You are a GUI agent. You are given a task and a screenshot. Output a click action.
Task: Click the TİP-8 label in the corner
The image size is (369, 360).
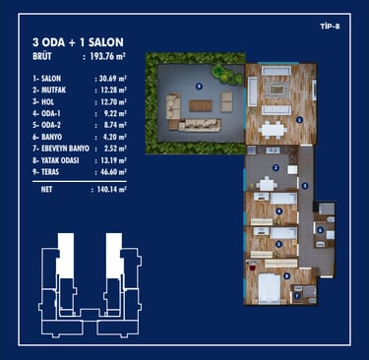(x=330, y=27)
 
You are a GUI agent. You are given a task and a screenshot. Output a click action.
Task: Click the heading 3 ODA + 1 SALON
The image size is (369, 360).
(x=78, y=42)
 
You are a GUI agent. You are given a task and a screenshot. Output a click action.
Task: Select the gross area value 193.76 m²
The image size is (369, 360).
(x=108, y=56)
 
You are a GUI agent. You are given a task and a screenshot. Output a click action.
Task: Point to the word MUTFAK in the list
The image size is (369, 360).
(x=54, y=90)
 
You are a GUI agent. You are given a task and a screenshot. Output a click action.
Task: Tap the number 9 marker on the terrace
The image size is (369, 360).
(x=199, y=87)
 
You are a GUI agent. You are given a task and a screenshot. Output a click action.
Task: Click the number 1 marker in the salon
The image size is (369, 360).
(x=299, y=120)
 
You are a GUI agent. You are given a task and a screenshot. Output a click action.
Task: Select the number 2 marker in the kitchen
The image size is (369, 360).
(x=277, y=168)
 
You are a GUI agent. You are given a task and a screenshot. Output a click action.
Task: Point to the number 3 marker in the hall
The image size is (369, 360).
(x=305, y=186)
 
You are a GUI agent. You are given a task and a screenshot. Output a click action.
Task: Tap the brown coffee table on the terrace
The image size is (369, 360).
(x=201, y=105)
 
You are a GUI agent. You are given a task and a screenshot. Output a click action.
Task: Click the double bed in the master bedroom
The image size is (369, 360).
(x=270, y=289)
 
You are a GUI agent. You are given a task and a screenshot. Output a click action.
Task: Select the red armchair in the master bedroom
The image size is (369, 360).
(x=253, y=268)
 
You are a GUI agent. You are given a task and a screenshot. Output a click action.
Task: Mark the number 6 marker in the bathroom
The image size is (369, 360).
(x=320, y=230)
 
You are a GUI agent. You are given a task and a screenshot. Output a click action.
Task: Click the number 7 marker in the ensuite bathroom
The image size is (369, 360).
(x=297, y=296)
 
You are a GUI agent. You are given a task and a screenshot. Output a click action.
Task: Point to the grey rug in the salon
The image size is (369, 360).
(x=277, y=88)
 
